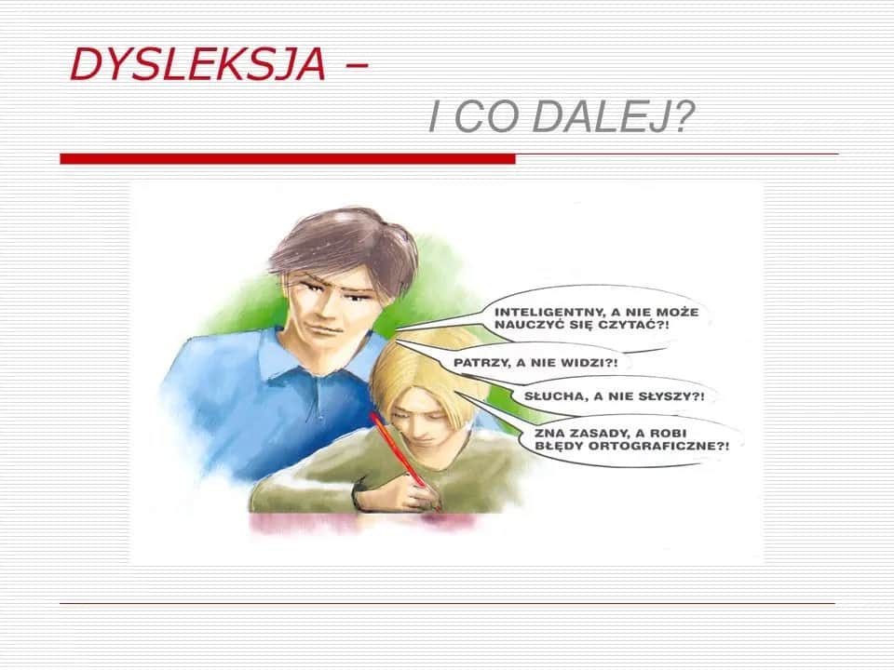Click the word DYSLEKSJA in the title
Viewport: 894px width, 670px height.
click(197, 64)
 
